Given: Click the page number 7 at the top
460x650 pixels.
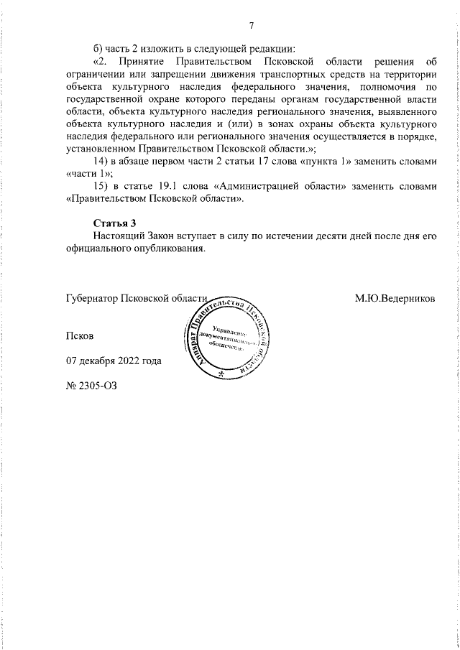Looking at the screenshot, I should [252, 27].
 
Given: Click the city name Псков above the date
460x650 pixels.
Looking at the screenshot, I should [79, 335].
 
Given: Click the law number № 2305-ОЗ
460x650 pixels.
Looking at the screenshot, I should [91, 385].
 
